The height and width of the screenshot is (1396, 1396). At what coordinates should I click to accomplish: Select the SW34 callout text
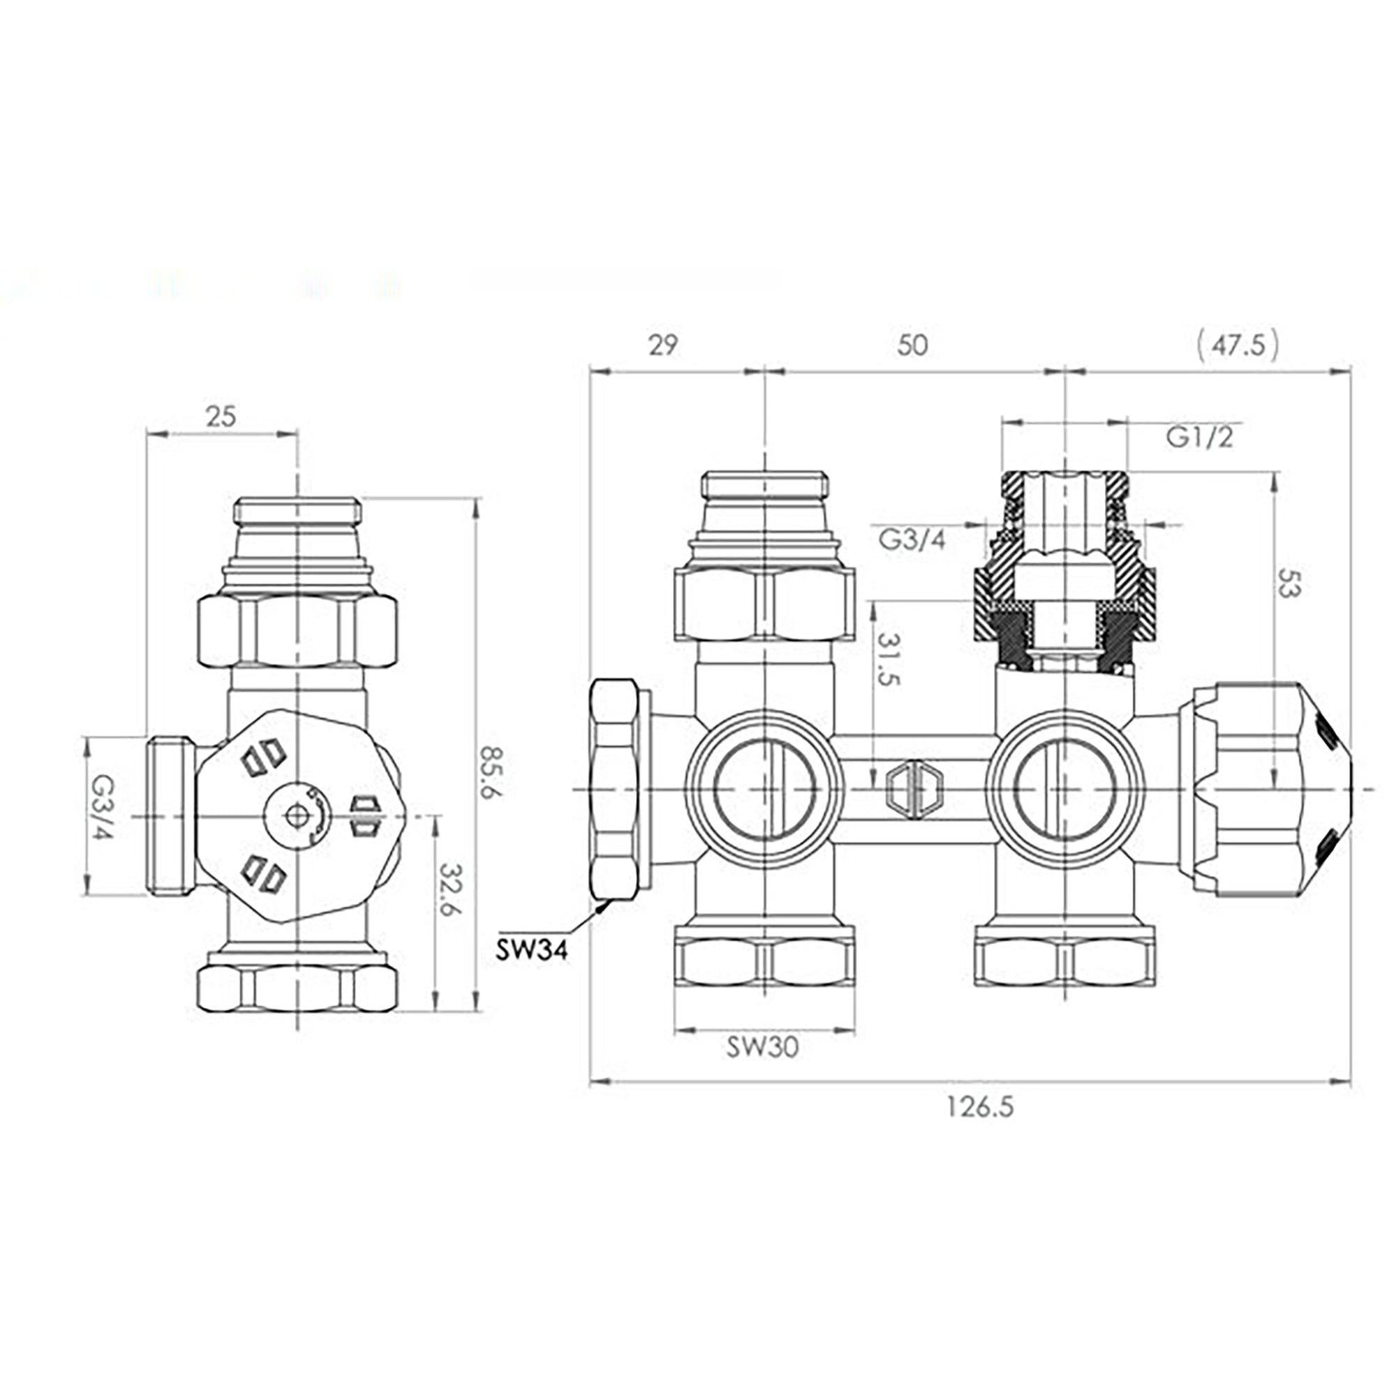(532, 949)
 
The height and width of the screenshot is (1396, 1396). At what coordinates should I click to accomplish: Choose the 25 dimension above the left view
(221, 416)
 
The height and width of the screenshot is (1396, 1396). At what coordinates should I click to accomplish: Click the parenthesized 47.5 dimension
(1238, 346)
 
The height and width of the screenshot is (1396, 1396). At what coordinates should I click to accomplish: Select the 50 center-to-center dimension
(912, 346)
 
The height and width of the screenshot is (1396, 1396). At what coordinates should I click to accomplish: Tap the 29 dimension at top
(662, 346)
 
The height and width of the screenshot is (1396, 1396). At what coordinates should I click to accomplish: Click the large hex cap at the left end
(615, 789)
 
